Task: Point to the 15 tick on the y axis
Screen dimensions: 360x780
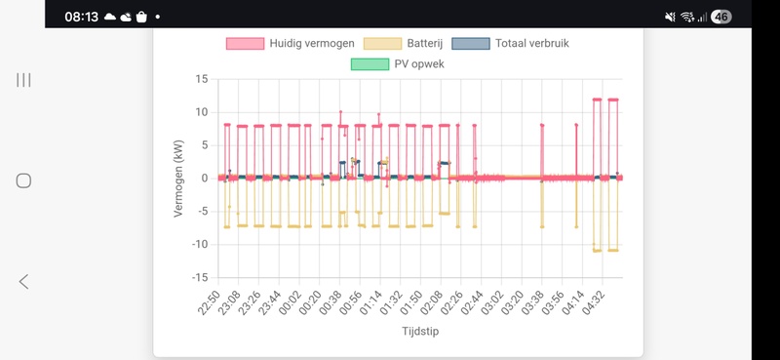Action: pos(201,79)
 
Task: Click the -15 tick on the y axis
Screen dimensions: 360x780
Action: pos(199,277)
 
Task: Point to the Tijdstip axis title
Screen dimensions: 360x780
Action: pos(421,333)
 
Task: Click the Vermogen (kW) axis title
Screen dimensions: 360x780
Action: pos(178,178)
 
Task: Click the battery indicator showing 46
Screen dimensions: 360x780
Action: pos(721,17)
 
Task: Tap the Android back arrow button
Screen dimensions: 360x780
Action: pos(24,281)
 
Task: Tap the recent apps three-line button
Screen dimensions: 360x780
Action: pos(24,79)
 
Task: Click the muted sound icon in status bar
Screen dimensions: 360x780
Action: pos(670,17)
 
